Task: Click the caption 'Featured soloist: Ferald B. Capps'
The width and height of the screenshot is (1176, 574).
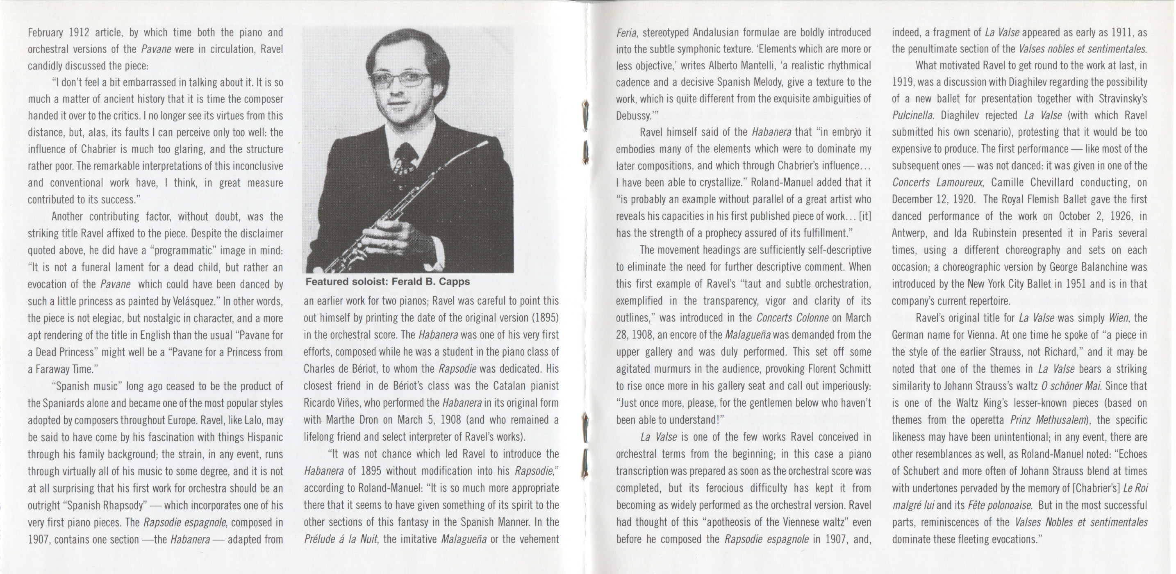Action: [387, 282]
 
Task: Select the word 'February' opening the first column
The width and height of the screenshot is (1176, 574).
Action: [45, 32]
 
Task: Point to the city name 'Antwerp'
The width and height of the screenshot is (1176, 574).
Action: [909, 233]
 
